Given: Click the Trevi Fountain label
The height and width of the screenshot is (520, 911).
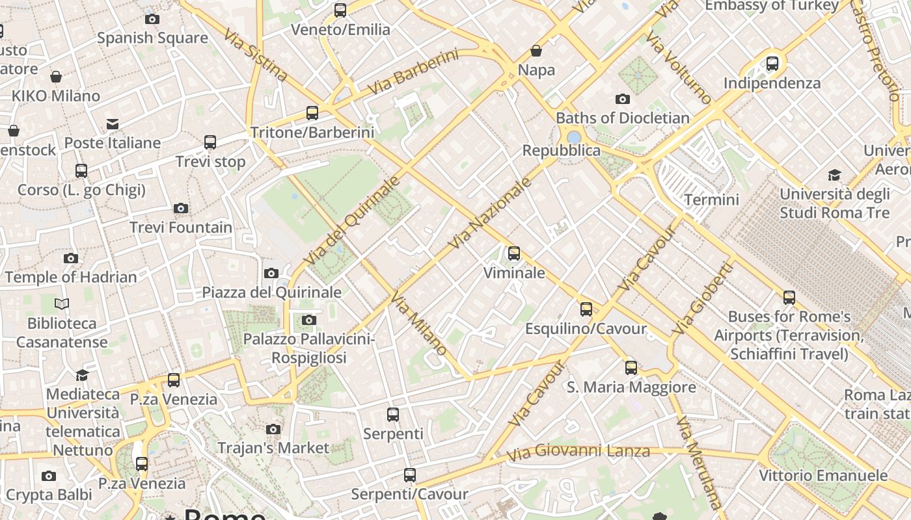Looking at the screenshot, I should (x=181, y=227).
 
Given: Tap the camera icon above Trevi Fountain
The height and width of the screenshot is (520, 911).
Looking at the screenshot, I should (x=181, y=209).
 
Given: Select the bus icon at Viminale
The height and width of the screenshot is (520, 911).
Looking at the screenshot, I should (x=514, y=253).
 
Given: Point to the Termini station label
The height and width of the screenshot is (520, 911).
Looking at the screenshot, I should (x=711, y=200).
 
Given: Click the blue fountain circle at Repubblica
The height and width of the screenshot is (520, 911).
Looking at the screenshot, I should (x=574, y=137).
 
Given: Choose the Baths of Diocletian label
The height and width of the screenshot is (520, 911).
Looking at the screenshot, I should (x=622, y=118).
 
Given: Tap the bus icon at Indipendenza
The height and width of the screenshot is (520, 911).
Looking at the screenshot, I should (x=772, y=64).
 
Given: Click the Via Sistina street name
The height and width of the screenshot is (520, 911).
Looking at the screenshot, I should (x=256, y=55).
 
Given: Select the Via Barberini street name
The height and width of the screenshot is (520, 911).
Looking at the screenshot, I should (x=413, y=72).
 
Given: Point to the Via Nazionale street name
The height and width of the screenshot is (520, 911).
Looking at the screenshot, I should (x=490, y=213).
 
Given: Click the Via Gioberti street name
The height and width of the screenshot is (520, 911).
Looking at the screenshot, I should (x=702, y=298).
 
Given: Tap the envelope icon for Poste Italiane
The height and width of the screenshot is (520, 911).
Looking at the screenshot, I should (x=113, y=123).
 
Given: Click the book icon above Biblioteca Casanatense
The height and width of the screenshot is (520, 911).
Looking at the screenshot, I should (x=62, y=304).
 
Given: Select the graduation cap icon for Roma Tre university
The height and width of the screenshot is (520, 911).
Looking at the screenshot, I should (x=834, y=175).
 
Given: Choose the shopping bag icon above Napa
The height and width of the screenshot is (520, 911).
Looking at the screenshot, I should (x=536, y=51).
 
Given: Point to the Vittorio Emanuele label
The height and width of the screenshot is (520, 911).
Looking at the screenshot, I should (x=823, y=475).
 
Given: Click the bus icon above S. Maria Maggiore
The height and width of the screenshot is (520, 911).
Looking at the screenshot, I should (x=631, y=368).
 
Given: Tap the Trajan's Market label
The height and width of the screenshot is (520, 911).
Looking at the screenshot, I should (x=273, y=448).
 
